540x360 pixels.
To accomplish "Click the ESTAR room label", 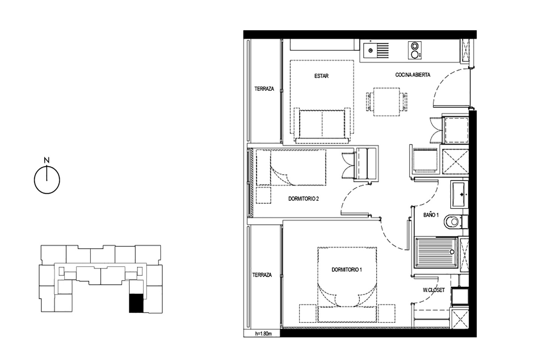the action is [x=321, y=76].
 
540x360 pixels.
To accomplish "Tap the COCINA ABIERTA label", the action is [x=413, y=75].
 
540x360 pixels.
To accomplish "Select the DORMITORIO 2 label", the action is [x=303, y=199].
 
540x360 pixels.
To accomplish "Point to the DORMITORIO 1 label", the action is [x=346, y=270].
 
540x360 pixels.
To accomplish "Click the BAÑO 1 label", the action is [x=431, y=215].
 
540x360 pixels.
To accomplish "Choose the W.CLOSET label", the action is [x=433, y=290].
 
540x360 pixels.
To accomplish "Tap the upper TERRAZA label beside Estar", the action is [x=264, y=89].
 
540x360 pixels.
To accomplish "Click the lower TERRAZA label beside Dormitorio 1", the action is [x=262, y=275].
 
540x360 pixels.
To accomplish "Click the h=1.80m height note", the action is [x=264, y=334].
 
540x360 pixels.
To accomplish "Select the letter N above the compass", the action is [x=47, y=160].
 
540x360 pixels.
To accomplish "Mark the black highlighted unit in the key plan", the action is [x=136, y=303].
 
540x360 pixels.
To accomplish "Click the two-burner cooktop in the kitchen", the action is [x=415, y=50].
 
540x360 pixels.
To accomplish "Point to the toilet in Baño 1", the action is [x=453, y=222].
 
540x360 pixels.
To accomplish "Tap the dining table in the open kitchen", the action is [x=386, y=102].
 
